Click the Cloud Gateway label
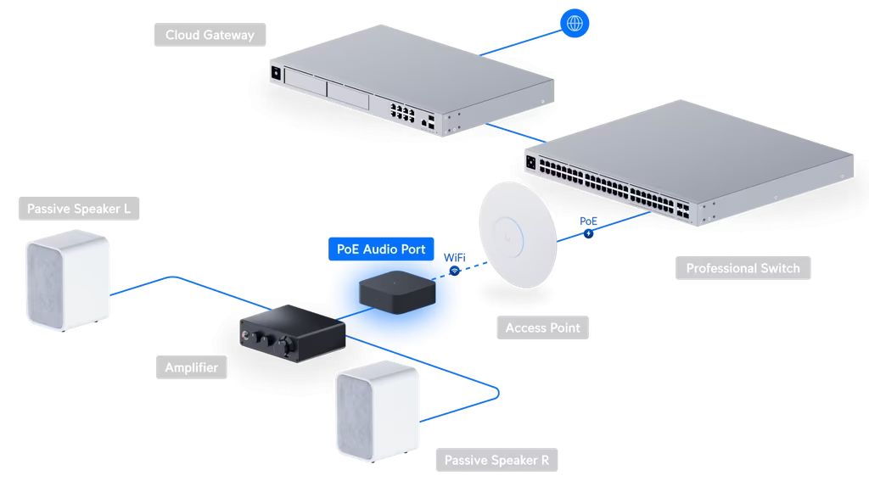click(x=210, y=35)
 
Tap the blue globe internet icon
click(x=575, y=23)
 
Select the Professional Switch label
click(x=743, y=268)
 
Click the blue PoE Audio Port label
click(x=381, y=249)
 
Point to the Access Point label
click(x=542, y=328)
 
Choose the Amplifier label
click(x=191, y=367)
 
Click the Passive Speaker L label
click(x=79, y=209)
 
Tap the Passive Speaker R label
click(x=496, y=461)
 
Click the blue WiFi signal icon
click(x=455, y=271)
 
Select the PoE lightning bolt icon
click(x=589, y=234)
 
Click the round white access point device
click(x=519, y=235)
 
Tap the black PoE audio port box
click(x=397, y=292)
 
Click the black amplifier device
click(x=293, y=333)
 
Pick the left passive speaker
click(x=68, y=280)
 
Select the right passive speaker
click(x=378, y=411)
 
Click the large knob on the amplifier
click(x=287, y=345)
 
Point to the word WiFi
click(x=455, y=258)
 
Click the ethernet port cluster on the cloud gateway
click(x=402, y=111)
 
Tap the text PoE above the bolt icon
click(x=589, y=221)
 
